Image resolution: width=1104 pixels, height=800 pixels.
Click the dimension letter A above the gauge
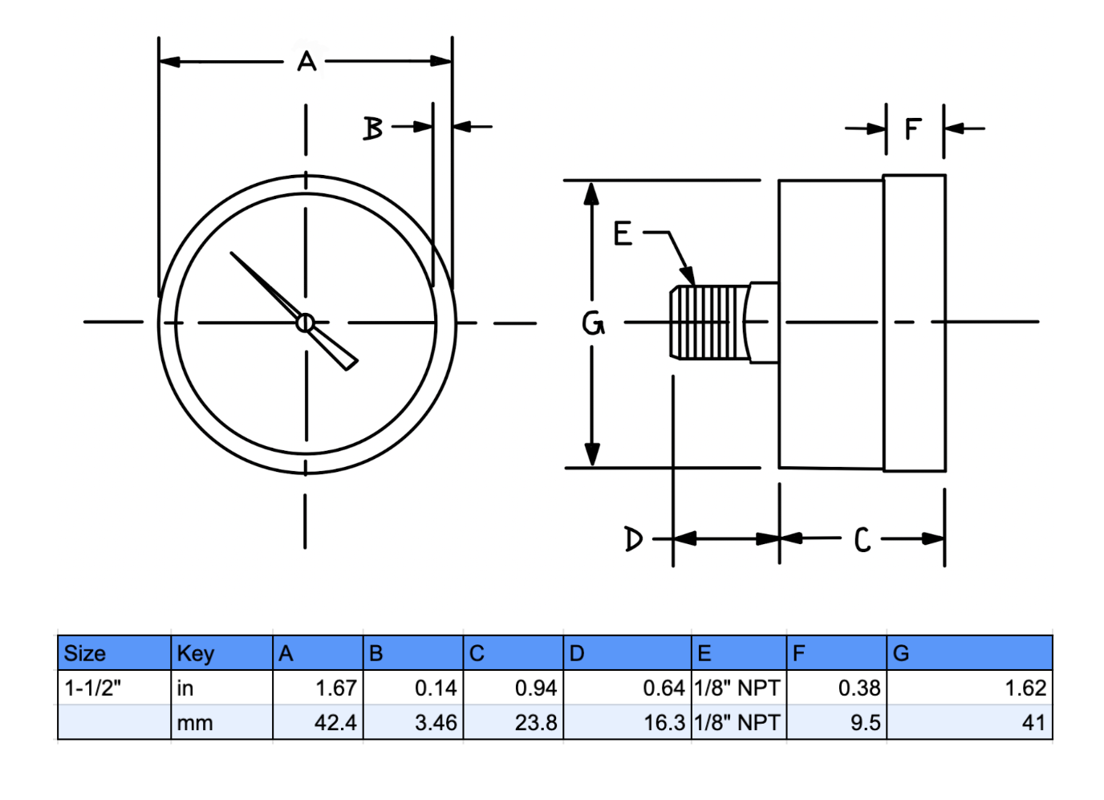[x=306, y=61]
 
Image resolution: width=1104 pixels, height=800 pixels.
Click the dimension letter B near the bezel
[x=373, y=128]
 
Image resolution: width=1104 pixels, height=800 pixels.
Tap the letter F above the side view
[x=913, y=128]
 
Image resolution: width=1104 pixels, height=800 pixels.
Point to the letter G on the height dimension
[x=593, y=323]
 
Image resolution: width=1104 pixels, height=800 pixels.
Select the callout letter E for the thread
[x=623, y=234]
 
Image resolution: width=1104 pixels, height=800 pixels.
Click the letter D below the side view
[x=633, y=538]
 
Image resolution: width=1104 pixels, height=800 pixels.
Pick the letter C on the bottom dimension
[x=862, y=540]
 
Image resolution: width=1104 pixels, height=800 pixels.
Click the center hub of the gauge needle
[x=305, y=323]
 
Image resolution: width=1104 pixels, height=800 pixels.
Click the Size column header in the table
[x=85, y=653]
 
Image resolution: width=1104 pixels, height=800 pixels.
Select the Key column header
[x=195, y=653]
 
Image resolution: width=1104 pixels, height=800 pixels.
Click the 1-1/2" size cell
[x=93, y=688]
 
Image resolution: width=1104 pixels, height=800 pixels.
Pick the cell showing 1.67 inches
[x=335, y=688]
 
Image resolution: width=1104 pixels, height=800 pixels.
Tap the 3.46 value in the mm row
[x=436, y=722]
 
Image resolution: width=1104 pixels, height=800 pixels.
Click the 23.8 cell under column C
[x=535, y=722]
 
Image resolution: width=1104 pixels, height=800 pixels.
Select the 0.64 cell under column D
[x=663, y=688]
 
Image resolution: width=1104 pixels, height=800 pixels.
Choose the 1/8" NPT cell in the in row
[x=737, y=688]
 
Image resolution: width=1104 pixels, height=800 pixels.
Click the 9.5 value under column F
[x=865, y=722]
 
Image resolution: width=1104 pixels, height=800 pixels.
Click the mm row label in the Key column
[x=195, y=722]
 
